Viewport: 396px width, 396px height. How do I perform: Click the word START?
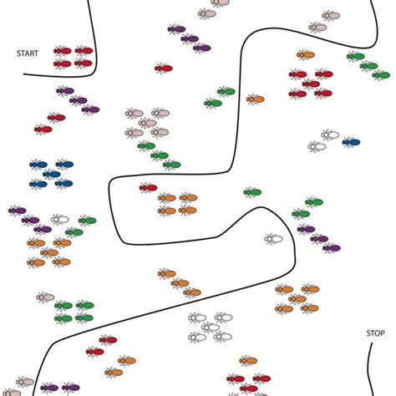click(x=28, y=53)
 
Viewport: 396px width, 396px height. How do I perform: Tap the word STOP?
click(x=375, y=333)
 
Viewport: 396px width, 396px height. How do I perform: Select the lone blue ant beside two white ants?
click(x=351, y=142)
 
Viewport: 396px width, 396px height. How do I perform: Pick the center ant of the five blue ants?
click(x=52, y=175)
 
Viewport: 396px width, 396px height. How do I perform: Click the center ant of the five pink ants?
click(x=147, y=123)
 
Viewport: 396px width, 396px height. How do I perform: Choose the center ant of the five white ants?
click(x=211, y=327)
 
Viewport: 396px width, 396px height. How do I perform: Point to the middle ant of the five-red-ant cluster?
click(x=311, y=84)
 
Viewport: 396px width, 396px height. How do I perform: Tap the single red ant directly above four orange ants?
click(x=148, y=188)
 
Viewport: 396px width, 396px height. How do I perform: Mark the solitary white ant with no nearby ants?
click(x=273, y=239)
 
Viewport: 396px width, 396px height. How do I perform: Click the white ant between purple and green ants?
click(x=60, y=220)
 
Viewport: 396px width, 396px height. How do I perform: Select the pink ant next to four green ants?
click(x=45, y=297)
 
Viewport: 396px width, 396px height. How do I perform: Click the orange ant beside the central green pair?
click(x=255, y=99)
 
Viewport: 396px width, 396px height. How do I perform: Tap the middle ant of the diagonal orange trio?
click(x=180, y=283)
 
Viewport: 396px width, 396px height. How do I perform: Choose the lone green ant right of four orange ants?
click(x=252, y=192)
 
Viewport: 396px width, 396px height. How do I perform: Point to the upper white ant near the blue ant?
click(x=330, y=135)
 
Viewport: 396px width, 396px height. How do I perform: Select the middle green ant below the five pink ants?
click(x=160, y=155)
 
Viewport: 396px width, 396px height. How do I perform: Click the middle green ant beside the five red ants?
click(x=368, y=66)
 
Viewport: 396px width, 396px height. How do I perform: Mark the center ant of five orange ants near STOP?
click(x=297, y=299)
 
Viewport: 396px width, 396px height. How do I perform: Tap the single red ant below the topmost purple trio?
click(x=164, y=69)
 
